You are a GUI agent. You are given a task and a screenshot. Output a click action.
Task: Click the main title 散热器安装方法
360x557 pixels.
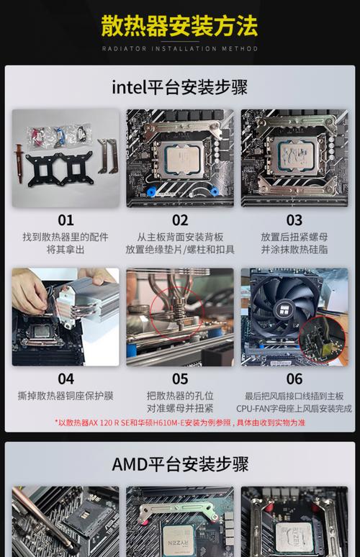point(179,27)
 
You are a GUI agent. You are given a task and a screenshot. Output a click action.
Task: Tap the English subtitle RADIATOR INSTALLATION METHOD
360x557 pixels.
point(179,49)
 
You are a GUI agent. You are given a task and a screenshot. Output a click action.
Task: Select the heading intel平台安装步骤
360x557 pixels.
point(179,88)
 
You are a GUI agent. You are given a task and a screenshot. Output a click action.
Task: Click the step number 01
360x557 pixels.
point(66,220)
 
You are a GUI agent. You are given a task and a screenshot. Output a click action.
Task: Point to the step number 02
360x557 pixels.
point(180,220)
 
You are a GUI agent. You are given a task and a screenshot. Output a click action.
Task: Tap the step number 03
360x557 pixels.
point(294,220)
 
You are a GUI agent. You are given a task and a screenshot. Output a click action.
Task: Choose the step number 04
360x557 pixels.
point(66,379)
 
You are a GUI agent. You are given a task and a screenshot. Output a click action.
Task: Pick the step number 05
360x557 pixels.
point(180,379)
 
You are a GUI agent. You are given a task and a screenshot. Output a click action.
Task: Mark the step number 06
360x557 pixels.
point(294,379)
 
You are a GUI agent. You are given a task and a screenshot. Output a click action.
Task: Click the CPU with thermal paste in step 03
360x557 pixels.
point(294,154)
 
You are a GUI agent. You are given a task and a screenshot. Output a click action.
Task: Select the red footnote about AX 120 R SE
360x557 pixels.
point(179,422)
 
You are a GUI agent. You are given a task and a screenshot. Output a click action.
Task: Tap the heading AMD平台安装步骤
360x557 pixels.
point(179,464)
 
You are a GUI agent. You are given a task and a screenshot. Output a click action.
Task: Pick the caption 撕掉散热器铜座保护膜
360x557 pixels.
point(66,396)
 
